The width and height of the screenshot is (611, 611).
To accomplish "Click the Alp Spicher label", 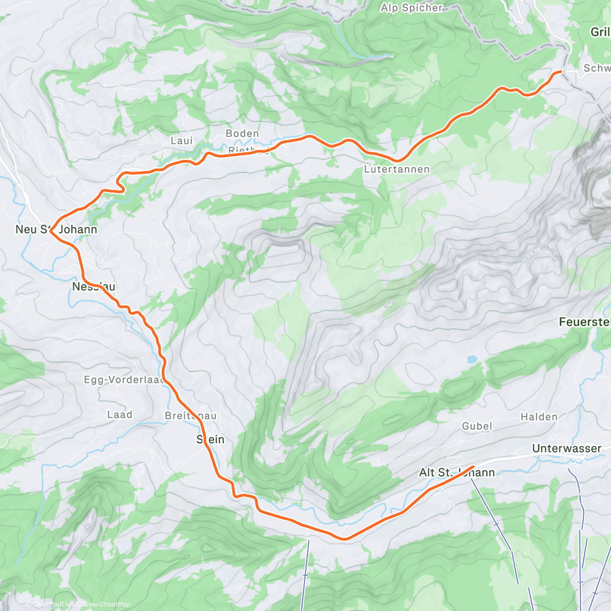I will click(x=411, y=8).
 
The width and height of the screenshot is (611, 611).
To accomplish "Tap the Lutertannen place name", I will click(x=397, y=169).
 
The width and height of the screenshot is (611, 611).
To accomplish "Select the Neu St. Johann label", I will click(x=56, y=230).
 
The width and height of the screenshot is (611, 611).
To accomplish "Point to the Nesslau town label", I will click(x=94, y=287).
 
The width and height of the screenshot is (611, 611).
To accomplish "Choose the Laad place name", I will click(x=120, y=415).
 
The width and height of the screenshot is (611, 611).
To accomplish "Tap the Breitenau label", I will click(x=190, y=416).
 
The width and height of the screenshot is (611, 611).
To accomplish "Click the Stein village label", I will click(x=210, y=439).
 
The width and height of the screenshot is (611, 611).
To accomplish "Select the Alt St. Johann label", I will click(x=457, y=473).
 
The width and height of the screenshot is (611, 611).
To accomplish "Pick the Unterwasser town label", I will click(x=566, y=449).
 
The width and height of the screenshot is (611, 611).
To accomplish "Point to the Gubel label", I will click(x=477, y=426).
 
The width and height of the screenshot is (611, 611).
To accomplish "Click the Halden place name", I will click(x=539, y=417).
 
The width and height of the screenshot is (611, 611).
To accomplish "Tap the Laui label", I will click(x=181, y=141).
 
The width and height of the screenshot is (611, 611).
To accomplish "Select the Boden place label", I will click(x=242, y=133).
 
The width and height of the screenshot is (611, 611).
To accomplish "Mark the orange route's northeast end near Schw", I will click(x=561, y=72).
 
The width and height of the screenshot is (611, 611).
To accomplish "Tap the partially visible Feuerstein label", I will click(x=585, y=322).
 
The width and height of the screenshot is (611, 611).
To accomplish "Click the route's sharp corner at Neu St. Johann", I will click(x=50, y=231).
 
